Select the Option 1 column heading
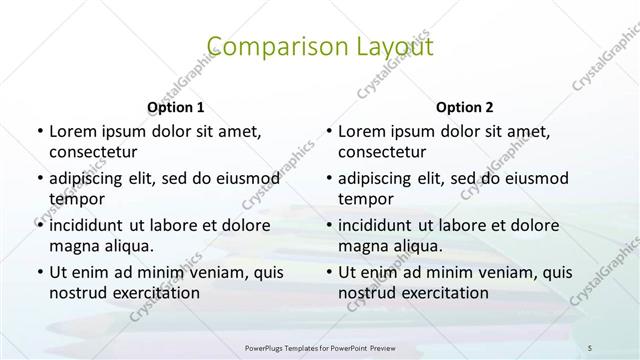[x=175, y=106]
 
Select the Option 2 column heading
[x=465, y=106]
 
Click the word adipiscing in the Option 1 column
[x=91, y=178]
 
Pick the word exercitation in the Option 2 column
[x=441, y=293]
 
